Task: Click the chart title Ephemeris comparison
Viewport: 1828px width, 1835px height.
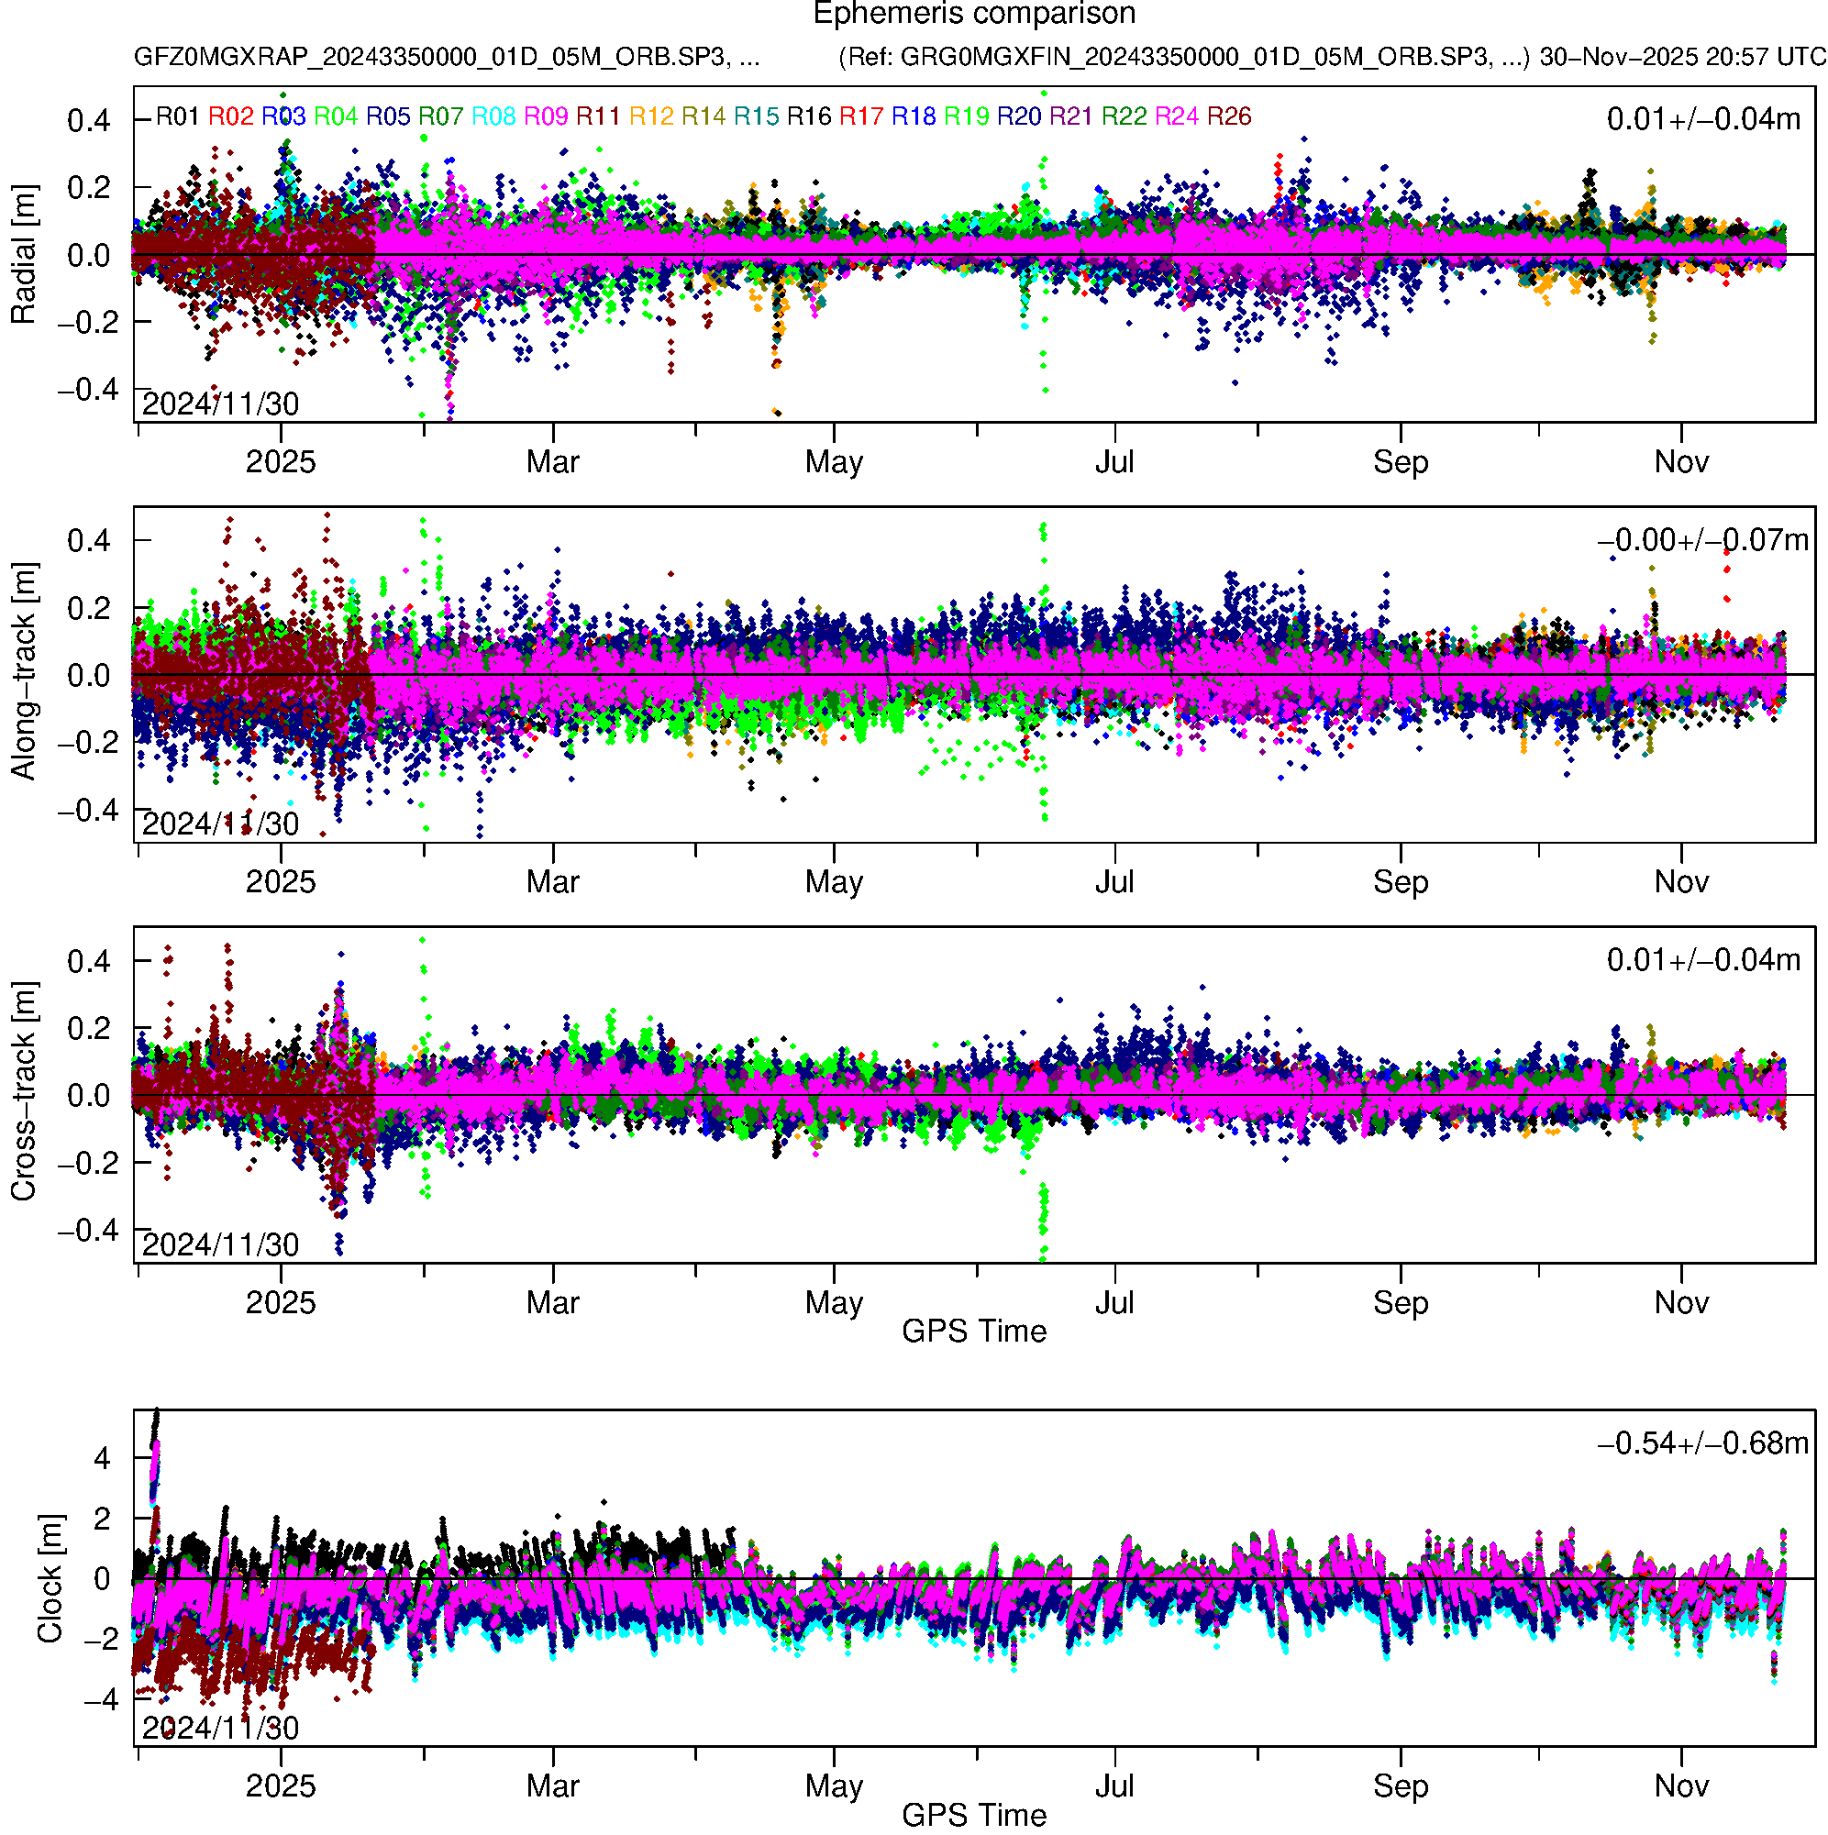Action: [974, 15]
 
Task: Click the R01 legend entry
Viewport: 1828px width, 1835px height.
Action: [178, 116]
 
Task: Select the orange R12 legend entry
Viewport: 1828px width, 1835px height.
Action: [651, 116]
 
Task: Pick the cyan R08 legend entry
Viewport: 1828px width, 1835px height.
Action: [493, 116]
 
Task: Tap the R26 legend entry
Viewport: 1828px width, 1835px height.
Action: [1228, 116]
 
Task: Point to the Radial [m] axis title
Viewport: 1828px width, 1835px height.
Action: [24, 255]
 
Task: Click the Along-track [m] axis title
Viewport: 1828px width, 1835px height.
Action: [24, 672]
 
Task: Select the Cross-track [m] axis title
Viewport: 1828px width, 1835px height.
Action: [24, 1092]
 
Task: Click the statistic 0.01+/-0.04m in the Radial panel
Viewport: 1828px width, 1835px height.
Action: [1702, 119]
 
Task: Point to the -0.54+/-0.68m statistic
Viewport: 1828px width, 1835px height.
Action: [1702, 1443]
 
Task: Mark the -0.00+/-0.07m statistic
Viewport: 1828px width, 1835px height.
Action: [1702, 540]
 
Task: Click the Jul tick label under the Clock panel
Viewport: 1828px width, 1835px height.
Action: [1114, 1785]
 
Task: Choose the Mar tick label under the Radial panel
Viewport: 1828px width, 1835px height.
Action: [553, 462]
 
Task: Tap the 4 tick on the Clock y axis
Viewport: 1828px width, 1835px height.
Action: [102, 1458]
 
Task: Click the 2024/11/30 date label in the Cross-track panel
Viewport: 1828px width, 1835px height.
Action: [220, 1244]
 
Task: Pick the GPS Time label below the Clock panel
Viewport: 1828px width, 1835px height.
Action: [974, 1815]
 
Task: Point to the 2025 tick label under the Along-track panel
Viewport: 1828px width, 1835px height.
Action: [281, 882]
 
